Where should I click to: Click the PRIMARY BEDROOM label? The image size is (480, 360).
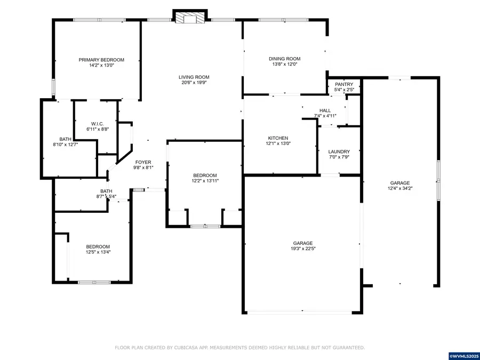coord(101,60)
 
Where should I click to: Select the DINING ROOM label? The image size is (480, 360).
coord(284,59)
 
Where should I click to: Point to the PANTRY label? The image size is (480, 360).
coord(344,84)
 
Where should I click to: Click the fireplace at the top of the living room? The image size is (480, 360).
coord(189,18)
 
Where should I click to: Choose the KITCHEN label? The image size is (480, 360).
coord(278,138)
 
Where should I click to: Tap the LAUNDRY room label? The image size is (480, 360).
coord(339,151)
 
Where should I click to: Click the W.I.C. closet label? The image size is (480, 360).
coord(97,124)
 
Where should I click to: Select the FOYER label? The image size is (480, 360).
coord(143,162)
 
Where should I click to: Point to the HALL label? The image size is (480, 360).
coord(325,110)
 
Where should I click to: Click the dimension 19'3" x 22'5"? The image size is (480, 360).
coord(302,249)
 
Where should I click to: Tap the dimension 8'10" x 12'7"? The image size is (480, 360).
coord(66,145)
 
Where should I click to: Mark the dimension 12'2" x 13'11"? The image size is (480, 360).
coord(205,181)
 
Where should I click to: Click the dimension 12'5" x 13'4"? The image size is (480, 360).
coord(98,252)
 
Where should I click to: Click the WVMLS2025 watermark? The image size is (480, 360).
coord(465,355)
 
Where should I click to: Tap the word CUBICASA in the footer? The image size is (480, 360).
coord(191,348)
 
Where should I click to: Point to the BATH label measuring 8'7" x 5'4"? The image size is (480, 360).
coord(106,191)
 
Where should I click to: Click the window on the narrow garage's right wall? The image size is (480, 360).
coord(438,180)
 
